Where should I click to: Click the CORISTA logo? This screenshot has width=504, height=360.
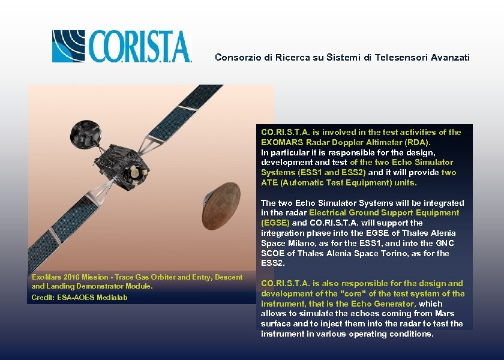pyautogui.click(x=121, y=46)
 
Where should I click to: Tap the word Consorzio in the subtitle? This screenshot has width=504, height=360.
pyautogui.click(x=236, y=58)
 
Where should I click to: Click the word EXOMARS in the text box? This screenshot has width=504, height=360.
pyautogui.click(x=281, y=142)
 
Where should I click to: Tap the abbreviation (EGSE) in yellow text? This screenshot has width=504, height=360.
pyautogui.click(x=275, y=223)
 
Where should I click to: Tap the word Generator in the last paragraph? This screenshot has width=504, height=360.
pyautogui.click(x=396, y=304)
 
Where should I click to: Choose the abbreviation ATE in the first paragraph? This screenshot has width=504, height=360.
pyautogui.click(x=269, y=182)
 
